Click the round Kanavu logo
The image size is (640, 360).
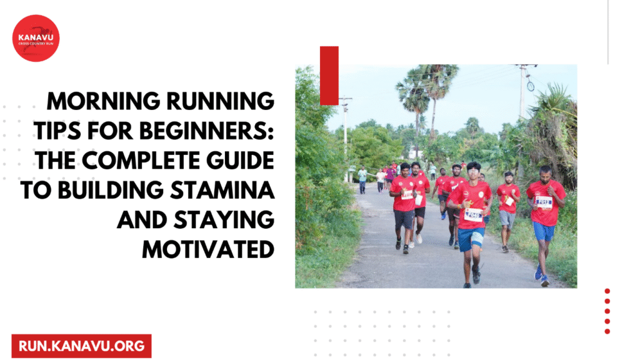[36, 38]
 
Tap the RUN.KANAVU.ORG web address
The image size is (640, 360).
[82, 346]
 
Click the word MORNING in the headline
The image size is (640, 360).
[104, 101]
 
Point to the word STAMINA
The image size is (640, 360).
[222, 190]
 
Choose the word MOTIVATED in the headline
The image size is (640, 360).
[208, 249]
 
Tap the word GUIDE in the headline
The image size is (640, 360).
[240, 161]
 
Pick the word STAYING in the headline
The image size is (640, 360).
[224, 220]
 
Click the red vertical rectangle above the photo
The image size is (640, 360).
[329, 76]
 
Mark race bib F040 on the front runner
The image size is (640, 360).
[474, 214]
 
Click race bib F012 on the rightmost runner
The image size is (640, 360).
[544, 202]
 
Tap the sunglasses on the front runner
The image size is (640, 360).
[473, 172]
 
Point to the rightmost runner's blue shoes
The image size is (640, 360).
[542, 277]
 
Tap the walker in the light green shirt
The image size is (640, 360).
[362, 179]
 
